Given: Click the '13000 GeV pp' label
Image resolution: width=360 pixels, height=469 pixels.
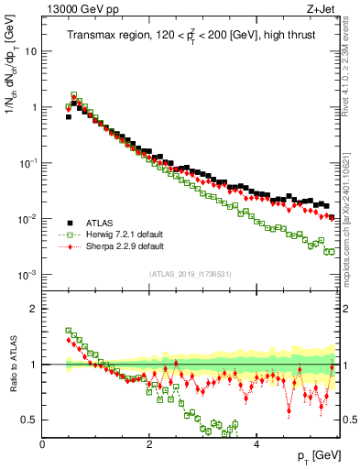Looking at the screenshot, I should click(75, 8).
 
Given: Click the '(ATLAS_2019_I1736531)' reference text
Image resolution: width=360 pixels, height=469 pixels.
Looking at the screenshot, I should click(189, 274).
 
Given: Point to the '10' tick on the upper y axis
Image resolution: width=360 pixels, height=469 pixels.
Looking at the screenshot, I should click(31, 51).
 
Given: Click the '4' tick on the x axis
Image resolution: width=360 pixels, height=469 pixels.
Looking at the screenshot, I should click(256, 443).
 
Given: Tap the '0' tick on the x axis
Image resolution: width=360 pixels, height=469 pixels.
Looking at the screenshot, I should click(42, 443).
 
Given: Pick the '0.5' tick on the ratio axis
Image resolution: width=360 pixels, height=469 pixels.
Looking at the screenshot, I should click(29, 420).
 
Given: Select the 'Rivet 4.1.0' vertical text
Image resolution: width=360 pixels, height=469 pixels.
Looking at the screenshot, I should click(352, 69).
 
